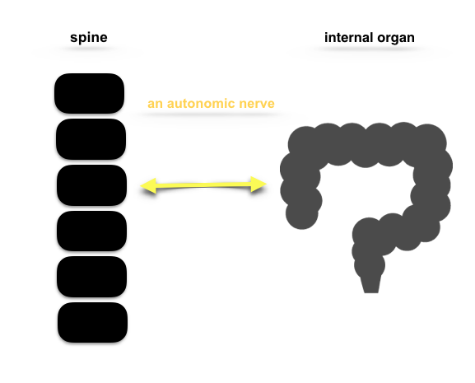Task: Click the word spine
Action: (x=89, y=38)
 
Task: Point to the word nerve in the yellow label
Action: (x=257, y=104)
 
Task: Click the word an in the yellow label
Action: (x=155, y=104)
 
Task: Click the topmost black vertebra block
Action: (x=90, y=93)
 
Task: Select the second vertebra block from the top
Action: (x=91, y=139)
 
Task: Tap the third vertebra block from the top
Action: (x=91, y=185)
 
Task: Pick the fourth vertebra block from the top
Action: (x=91, y=231)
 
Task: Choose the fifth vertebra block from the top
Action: (x=91, y=277)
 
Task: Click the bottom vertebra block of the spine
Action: (x=92, y=322)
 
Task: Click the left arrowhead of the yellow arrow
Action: (x=148, y=185)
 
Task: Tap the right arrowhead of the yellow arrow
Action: (x=258, y=184)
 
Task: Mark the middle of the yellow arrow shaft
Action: (x=203, y=184)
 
